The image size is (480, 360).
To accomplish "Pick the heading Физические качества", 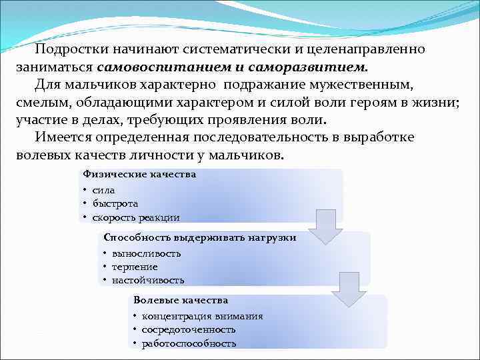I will pyautogui.click(x=139, y=174).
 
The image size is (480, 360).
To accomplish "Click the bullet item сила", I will pyautogui.click(x=103, y=191).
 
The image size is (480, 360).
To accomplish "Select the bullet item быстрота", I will pyautogui.click(x=115, y=204).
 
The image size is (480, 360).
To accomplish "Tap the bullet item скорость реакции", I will pyautogui.click(x=135, y=217).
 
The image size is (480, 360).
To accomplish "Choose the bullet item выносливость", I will pyautogui.click(x=146, y=254).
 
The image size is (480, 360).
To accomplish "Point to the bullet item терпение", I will pyautogui.click(x=135, y=267).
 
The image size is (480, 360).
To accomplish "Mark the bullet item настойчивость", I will pyautogui.click(x=147, y=280).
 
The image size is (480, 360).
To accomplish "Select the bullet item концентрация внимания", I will pyautogui.click(x=201, y=317).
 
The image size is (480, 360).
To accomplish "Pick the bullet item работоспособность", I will pyautogui.click(x=189, y=343).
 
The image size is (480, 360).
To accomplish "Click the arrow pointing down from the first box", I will pyautogui.click(x=325, y=227).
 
